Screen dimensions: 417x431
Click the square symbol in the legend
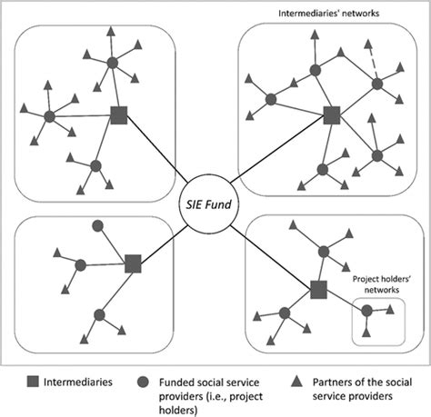(x=25, y=382)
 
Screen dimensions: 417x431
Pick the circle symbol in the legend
(x=138, y=382)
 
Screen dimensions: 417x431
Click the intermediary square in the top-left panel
(x=118, y=115)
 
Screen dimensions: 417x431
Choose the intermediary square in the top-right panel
(x=331, y=115)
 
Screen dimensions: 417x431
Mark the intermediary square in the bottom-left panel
(x=134, y=263)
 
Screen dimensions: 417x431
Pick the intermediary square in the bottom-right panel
(x=318, y=290)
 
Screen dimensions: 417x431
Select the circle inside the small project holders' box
(x=367, y=311)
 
